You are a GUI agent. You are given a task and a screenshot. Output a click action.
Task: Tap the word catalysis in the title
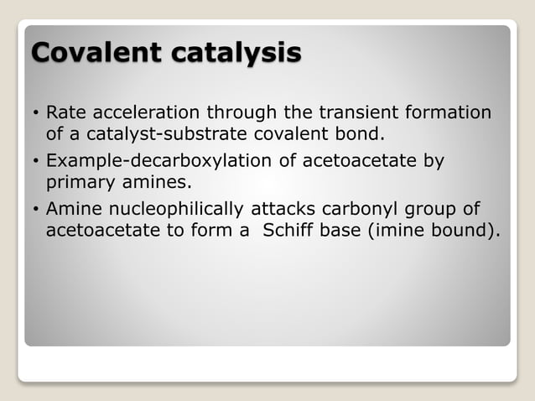point(236,52)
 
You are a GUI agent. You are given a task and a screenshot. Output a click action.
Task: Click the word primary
point(79,180)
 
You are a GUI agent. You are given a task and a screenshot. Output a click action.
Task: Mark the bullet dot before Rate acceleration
point(34,113)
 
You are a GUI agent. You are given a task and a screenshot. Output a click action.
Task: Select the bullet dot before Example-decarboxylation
point(34,161)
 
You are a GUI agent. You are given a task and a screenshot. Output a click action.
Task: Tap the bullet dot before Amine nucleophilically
point(34,209)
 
